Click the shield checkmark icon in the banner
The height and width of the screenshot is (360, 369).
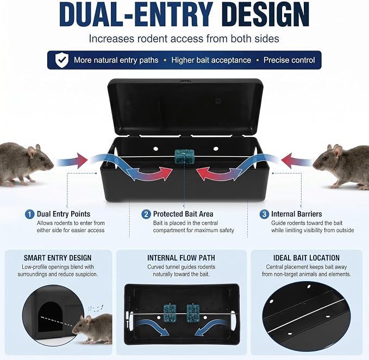pos(62,60)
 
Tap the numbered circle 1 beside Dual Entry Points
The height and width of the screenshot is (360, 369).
pos(29,214)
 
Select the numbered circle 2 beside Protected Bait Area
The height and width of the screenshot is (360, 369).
pos(146,214)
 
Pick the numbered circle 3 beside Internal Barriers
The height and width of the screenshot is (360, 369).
pos(264,214)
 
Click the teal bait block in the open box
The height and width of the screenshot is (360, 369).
pos(185,157)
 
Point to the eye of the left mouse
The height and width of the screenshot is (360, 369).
pos(42,159)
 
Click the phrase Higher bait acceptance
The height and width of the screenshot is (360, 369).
pos(211,60)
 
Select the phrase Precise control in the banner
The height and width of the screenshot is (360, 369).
pos(289,60)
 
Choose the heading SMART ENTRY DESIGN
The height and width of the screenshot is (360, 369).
pos(58,258)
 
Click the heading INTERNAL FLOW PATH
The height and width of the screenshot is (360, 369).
pos(181,258)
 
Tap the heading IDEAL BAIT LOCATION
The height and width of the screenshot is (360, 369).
pos(307,258)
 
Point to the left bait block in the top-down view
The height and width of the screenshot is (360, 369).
pos(170,313)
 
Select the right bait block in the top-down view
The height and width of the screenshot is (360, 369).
pos(193,313)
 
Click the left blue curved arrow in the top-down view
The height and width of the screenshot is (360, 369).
pos(153,327)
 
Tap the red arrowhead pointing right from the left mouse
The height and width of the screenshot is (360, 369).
pos(82,160)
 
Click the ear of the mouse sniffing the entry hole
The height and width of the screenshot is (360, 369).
pos(88,320)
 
